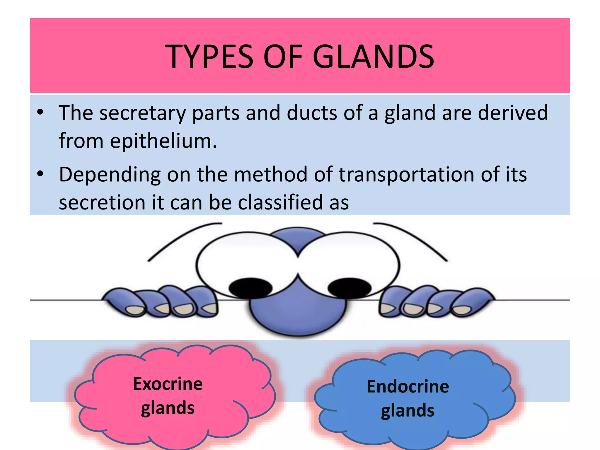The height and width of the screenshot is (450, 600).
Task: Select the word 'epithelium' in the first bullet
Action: pos(160,141)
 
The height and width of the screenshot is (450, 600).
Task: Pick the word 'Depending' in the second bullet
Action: pos(110,175)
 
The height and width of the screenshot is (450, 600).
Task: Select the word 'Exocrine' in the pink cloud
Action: pos(168,384)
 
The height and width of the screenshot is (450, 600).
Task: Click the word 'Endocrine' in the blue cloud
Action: pos(408,386)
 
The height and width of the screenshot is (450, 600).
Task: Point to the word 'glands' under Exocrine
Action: pos(168,408)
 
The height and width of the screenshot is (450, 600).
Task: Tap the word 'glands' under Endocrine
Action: pos(408,411)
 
